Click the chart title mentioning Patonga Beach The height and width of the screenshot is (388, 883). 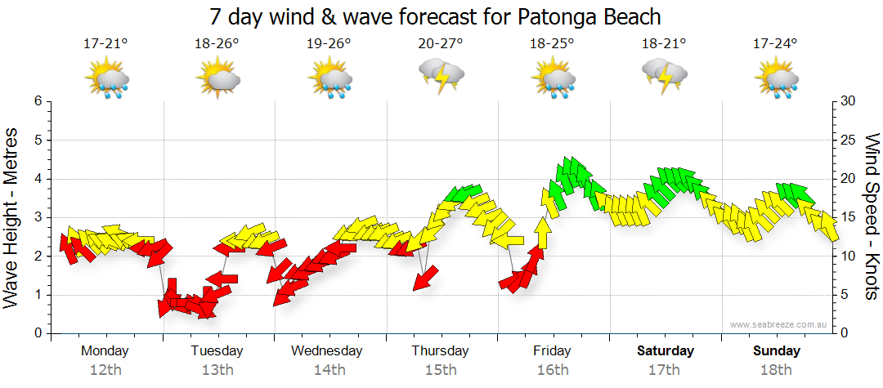(434, 16)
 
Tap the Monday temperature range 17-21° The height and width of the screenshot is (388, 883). (105, 44)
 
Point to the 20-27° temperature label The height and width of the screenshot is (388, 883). (441, 44)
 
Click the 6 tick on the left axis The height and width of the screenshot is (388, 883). (37, 101)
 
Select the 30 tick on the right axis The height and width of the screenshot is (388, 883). (848, 101)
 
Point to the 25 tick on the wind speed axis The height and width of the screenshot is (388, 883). (848, 140)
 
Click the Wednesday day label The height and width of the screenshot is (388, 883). (327, 351)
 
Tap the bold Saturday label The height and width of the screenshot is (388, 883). (665, 351)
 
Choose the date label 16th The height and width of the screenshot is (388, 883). (553, 370)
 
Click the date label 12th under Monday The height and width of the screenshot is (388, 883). (105, 370)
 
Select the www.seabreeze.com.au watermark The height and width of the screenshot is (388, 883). (780, 324)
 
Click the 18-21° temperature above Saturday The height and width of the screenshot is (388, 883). (664, 44)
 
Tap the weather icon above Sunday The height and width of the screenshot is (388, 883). (777, 79)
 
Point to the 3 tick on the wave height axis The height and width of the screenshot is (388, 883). (37, 217)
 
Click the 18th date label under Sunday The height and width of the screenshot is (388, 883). (777, 370)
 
